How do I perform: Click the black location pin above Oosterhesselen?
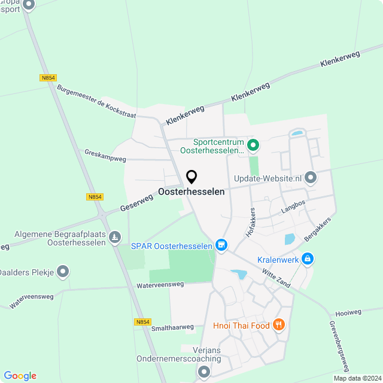coord(191,177)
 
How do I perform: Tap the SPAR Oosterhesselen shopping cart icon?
coord(221,245)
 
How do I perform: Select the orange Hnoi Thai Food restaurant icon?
coord(278,325)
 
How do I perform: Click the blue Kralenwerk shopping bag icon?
coord(308,259)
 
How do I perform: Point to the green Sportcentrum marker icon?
coord(253,144)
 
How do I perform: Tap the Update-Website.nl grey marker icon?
coord(311,177)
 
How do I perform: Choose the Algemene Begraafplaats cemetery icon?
coord(114,238)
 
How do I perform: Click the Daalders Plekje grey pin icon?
coord(64,272)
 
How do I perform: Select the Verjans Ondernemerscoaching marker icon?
coord(203,372)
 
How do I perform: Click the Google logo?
coord(20,375)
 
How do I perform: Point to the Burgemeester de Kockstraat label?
coord(96,101)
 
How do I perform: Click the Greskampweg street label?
coord(105,156)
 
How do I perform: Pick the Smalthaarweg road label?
coord(173,327)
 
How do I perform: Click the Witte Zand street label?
coord(276,278)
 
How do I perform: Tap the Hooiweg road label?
coord(349,312)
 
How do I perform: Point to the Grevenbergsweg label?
coord(339,346)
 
